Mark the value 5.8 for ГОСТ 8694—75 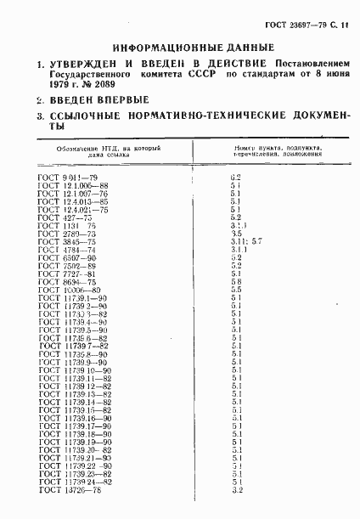click(x=236, y=281)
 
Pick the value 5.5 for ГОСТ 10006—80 click(x=236, y=290)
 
